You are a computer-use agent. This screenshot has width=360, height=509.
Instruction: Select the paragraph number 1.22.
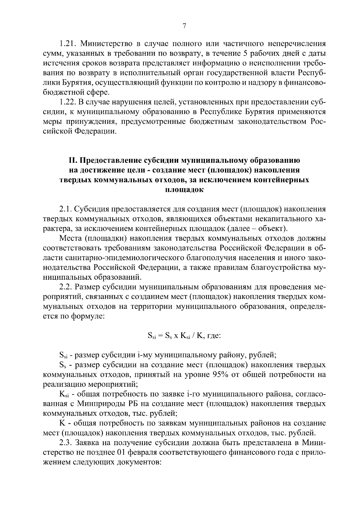[x=67, y=102]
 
